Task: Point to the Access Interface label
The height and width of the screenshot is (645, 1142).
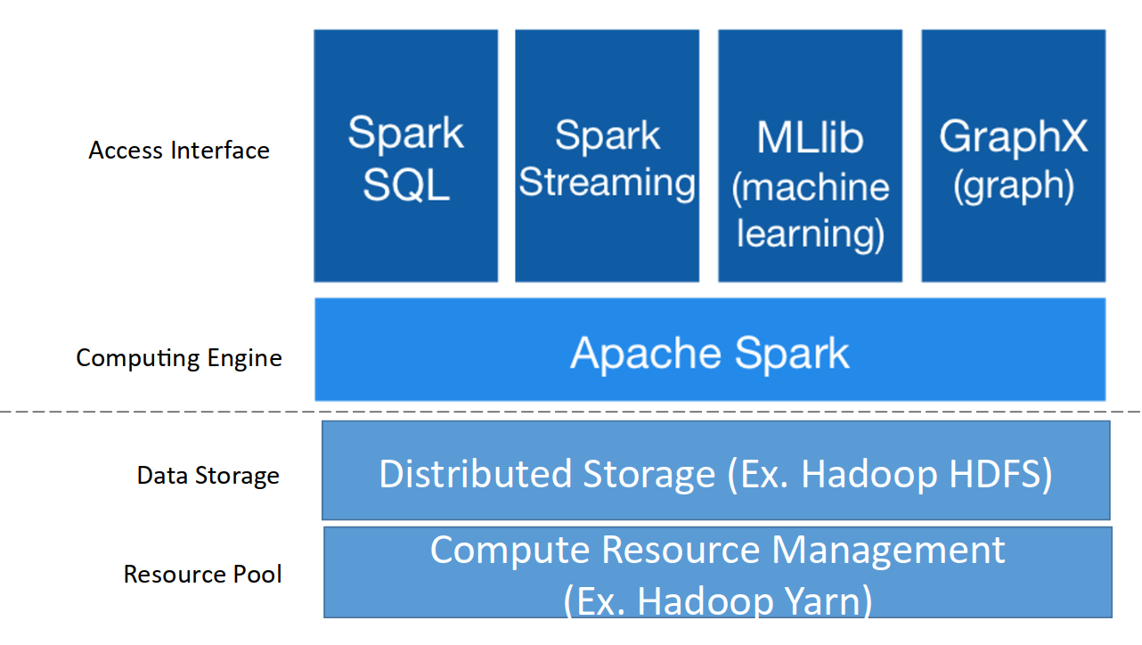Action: tap(179, 151)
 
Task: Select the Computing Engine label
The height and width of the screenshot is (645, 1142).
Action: tap(179, 358)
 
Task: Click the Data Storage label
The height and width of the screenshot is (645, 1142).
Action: tap(208, 476)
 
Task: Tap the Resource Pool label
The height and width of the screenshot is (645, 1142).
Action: tap(202, 574)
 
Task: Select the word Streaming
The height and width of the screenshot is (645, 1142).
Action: tap(607, 183)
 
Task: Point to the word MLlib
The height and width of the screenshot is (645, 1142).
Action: tap(810, 137)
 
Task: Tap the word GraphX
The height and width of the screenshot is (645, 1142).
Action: tap(1013, 136)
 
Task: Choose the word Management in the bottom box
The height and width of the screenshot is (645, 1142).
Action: tap(888, 550)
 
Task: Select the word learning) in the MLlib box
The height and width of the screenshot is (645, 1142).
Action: tap(810, 233)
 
